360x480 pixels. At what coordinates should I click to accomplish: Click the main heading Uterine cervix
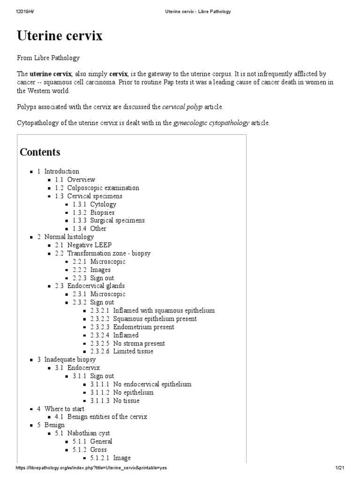pos(60,36)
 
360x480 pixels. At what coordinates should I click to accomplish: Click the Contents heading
pos(40,152)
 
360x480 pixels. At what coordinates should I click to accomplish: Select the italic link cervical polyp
pos(182,107)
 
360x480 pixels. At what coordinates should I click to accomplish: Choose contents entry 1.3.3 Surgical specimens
pos(109,220)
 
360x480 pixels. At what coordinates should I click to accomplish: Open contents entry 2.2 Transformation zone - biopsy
pos(109,253)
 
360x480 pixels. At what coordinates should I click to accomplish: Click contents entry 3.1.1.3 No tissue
pos(115,401)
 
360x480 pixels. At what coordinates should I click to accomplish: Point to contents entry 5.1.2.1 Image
pos(110,458)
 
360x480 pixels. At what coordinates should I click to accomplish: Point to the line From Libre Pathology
pos(48,58)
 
